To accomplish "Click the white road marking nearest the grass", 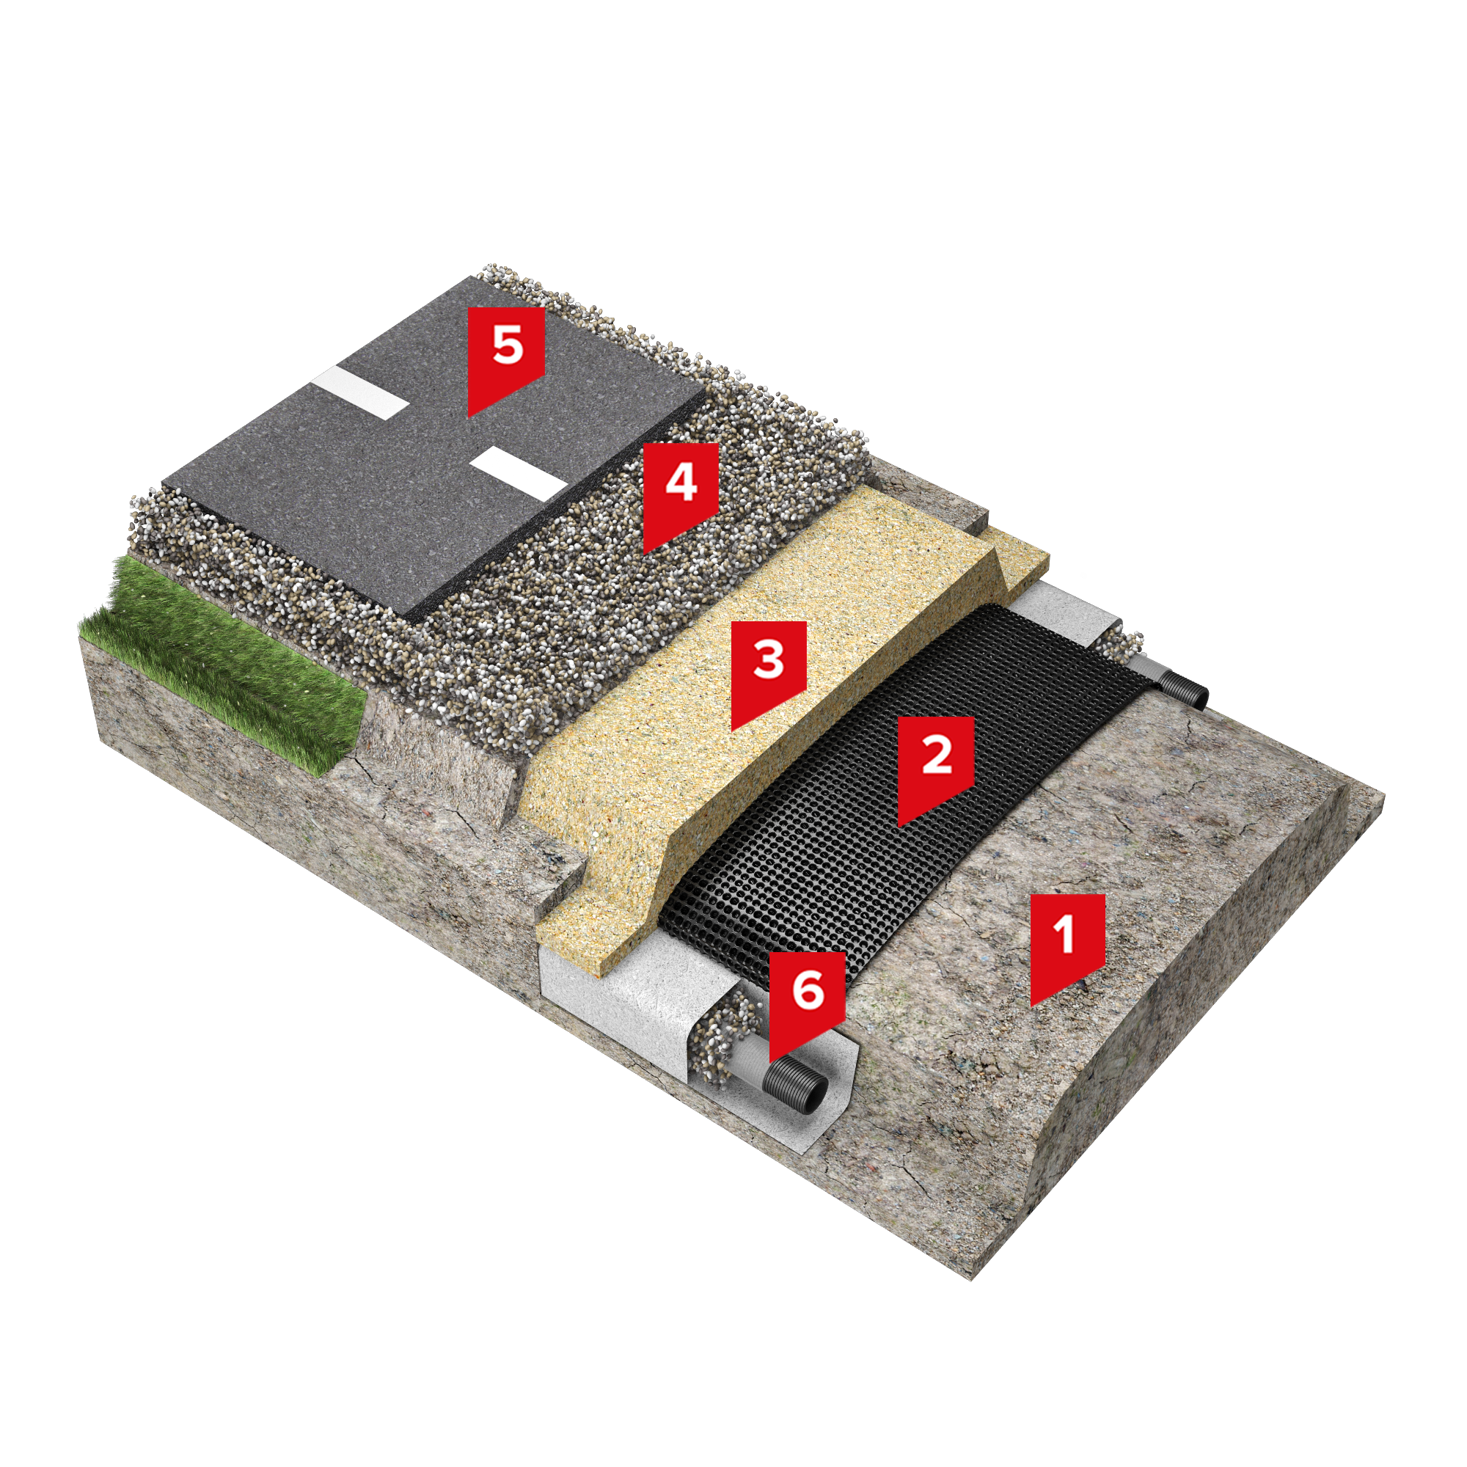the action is [360, 390].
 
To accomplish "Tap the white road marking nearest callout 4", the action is [518, 473].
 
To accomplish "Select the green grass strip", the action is [220, 661].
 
